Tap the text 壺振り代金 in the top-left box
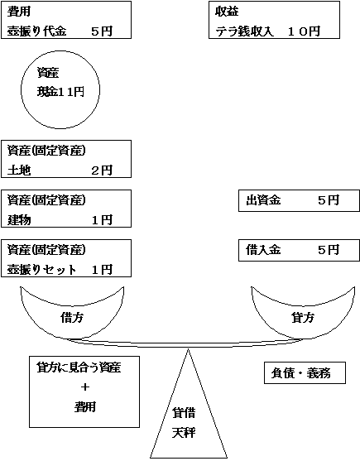[36, 31]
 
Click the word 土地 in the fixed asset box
[18, 170]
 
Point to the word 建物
[18, 219]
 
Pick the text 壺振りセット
[41, 269]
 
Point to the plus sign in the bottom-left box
[84, 387]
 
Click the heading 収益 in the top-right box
[227, 12]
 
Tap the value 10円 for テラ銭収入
[303, 31]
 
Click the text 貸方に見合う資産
[79, 367]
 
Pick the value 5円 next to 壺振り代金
[101, 31]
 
